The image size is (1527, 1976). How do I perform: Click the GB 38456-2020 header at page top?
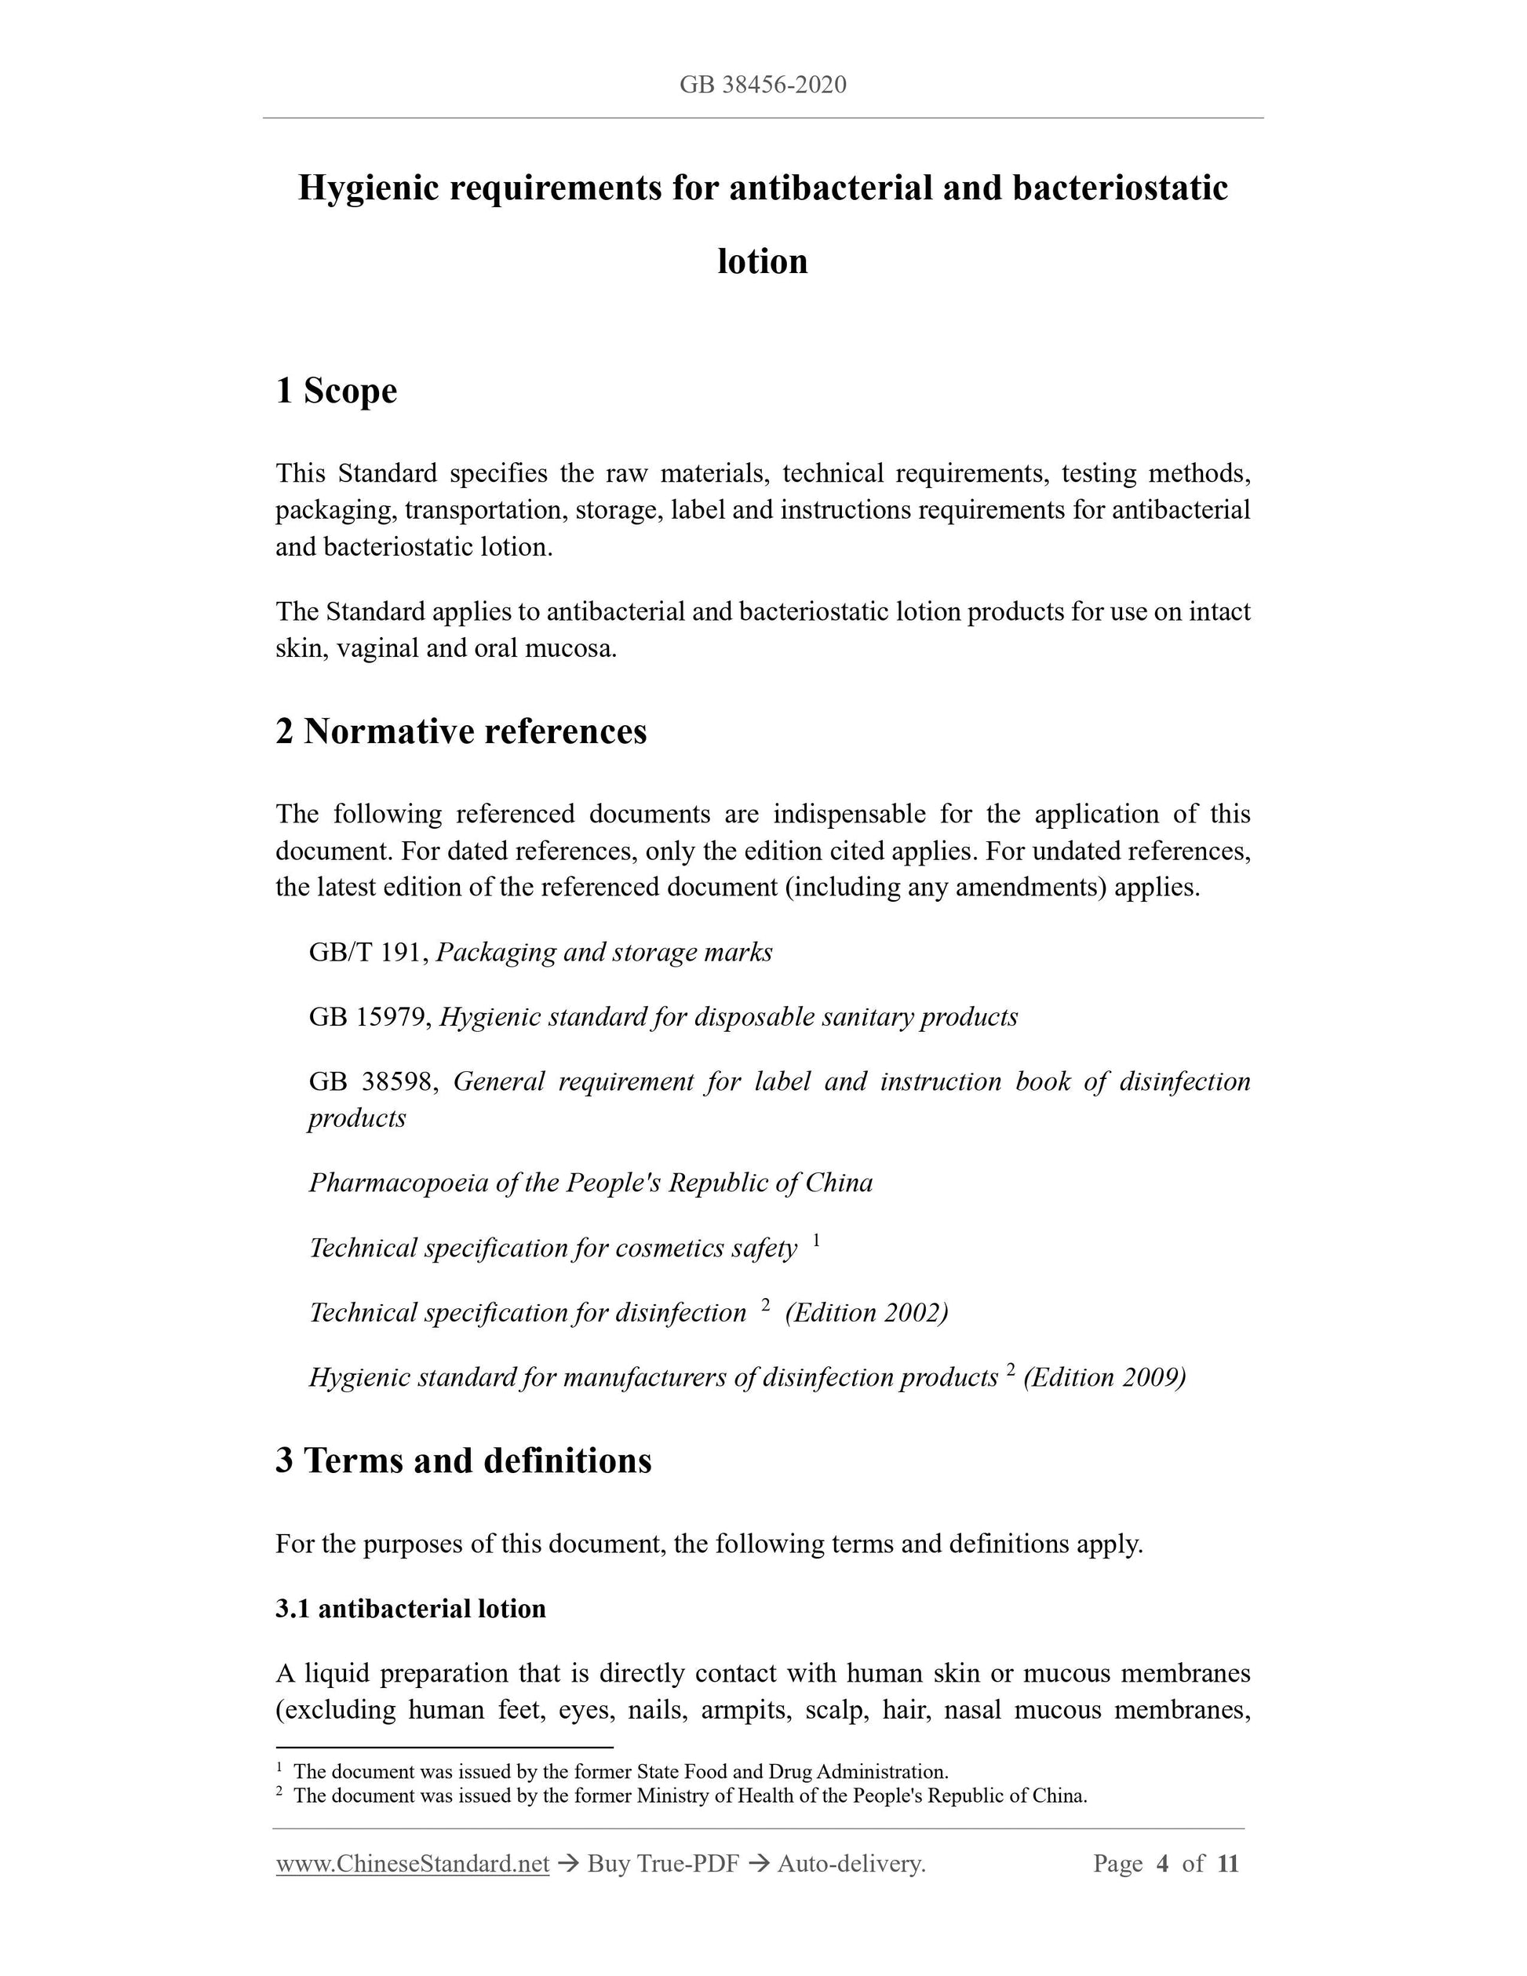(763, 85)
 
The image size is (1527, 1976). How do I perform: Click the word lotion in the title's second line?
(763, 261)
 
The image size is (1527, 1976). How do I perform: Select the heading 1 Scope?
(337, 391)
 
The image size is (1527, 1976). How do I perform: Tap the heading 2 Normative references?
(461, 731)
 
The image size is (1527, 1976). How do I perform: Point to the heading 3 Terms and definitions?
(463, 1460)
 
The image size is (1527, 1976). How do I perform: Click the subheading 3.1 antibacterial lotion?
(410, 1609)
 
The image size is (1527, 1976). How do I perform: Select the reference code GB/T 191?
(366, 953)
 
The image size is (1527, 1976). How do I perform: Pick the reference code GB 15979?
(366, 1017)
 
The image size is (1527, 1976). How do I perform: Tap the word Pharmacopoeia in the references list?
(399, 1183)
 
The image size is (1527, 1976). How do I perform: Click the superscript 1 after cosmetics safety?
(816, 1241)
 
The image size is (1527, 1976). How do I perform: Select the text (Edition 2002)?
(866, 1313)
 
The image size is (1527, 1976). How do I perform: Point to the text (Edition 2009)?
(1105, 1377)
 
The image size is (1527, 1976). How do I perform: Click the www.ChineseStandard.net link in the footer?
(413, 1864)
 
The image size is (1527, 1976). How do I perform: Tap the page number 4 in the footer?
(1162, 1864)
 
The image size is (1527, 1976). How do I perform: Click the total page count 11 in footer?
(1227, 1864)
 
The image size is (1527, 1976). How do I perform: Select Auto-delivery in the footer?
(851, 1864)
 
